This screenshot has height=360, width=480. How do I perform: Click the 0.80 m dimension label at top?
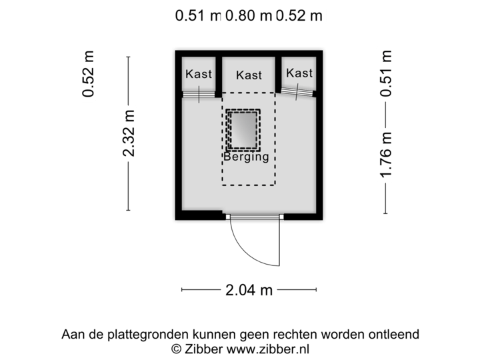click(x=248, y=15)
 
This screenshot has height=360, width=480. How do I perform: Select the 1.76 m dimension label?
click(x=386, y=156)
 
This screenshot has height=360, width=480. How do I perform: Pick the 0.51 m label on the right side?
click(x=386, y=73)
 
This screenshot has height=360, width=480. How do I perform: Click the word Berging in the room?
click(x=246, y=158)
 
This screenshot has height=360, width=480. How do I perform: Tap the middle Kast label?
click(x=249, y=75)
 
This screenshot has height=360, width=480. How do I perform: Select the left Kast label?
click(x=199, y=74)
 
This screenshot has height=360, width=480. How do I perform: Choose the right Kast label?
click(x=299, y=73)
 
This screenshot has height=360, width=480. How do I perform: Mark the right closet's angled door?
click(x=297, y=92)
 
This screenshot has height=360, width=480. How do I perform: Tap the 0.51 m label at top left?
click(x=196, y=15)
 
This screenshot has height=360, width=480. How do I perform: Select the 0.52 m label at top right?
click(x=300, y=15)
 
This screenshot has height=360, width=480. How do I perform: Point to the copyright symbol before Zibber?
click(x=175, y=348)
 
